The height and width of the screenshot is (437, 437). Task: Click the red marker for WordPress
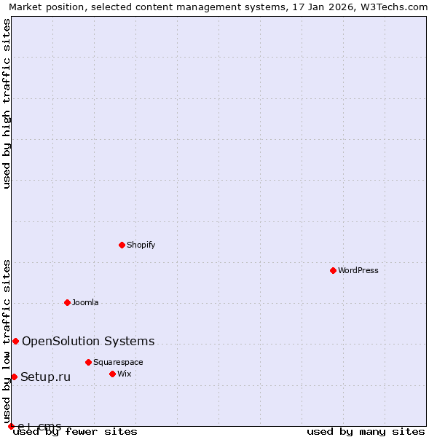point(333,270)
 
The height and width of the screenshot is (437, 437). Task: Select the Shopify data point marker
point(122,245)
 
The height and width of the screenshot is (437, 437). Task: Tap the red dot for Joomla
point(67,302)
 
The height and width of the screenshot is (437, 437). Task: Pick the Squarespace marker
point(88,362)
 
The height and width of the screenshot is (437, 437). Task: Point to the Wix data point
point(112,374)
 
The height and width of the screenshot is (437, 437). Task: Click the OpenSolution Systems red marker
point(15,341)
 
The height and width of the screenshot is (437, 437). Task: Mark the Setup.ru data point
point(14,377)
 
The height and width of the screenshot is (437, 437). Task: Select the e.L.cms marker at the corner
point(11,426)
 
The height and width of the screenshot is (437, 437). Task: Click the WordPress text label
point(358,270)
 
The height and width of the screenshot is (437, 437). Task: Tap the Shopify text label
point(141,245)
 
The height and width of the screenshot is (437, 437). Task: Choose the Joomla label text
point(85,302)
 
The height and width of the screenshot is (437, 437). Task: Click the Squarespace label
point(118,362)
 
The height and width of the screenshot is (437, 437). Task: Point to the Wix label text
point(125,374)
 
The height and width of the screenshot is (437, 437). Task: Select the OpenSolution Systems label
point(88,341)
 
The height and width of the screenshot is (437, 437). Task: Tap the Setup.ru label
point(45,377)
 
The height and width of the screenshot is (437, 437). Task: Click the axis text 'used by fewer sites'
point(76,432)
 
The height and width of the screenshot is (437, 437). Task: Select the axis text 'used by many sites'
point(366,432)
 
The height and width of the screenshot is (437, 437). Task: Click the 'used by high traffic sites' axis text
point(7,103)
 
